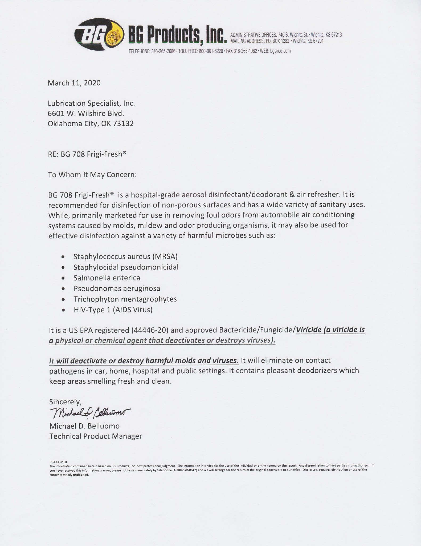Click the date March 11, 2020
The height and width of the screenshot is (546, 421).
[74, 83]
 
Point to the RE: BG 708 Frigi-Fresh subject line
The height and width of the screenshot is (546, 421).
[87, 154]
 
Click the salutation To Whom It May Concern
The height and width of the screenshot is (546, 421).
[92, 175]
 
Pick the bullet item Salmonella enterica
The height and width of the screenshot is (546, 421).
[107, 278]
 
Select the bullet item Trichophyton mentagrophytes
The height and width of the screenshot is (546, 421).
[125, 299]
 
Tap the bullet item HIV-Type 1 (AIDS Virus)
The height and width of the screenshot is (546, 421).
[113, 310]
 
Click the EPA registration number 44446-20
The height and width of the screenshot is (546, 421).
[149, 330]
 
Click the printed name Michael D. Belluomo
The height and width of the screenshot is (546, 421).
[84, 426]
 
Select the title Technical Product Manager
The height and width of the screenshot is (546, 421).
[96, 436]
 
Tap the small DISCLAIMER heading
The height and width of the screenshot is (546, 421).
[58, 462]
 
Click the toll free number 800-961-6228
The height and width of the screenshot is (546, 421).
[211, 51]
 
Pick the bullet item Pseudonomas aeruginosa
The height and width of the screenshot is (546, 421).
[117, 288]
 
